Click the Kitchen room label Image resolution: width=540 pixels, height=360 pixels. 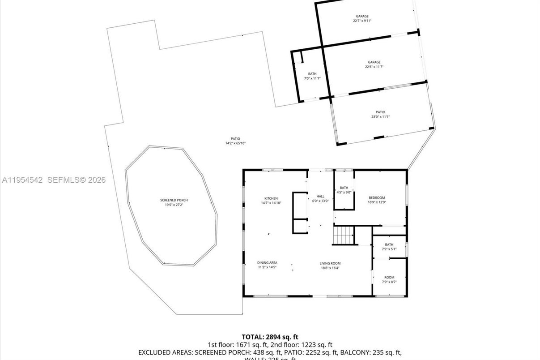pos(271,198)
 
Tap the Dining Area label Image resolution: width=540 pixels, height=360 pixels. pos(267,263)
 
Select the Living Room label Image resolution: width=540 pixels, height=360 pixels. pos(330,263)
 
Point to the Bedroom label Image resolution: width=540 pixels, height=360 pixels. pos(377,198)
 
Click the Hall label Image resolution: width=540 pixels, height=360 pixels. pos(320,196)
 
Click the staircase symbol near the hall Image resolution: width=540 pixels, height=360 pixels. pos(343,236)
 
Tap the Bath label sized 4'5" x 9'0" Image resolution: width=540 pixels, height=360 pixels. pos(344,188)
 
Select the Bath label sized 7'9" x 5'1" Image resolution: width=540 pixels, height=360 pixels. pos(389,244)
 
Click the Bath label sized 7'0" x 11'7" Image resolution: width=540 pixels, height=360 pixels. pos(312,74)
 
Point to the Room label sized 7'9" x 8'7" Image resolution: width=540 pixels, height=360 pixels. pos(389,277)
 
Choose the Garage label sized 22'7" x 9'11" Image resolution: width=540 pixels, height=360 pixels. pos(362,16)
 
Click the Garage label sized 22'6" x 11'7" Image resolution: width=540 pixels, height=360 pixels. pos(374,62)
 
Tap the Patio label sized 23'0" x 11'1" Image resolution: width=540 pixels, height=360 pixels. pos(380,112)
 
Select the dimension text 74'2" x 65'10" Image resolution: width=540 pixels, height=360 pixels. pos(235,143)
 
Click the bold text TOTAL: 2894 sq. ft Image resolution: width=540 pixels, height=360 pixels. pos(270,337)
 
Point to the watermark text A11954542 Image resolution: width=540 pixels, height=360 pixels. pos(22,180)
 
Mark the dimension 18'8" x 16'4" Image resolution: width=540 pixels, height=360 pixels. pos(330,268)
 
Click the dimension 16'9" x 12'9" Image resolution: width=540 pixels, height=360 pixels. pos(377,202)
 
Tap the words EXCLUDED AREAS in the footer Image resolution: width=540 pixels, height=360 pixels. pos(166,352)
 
